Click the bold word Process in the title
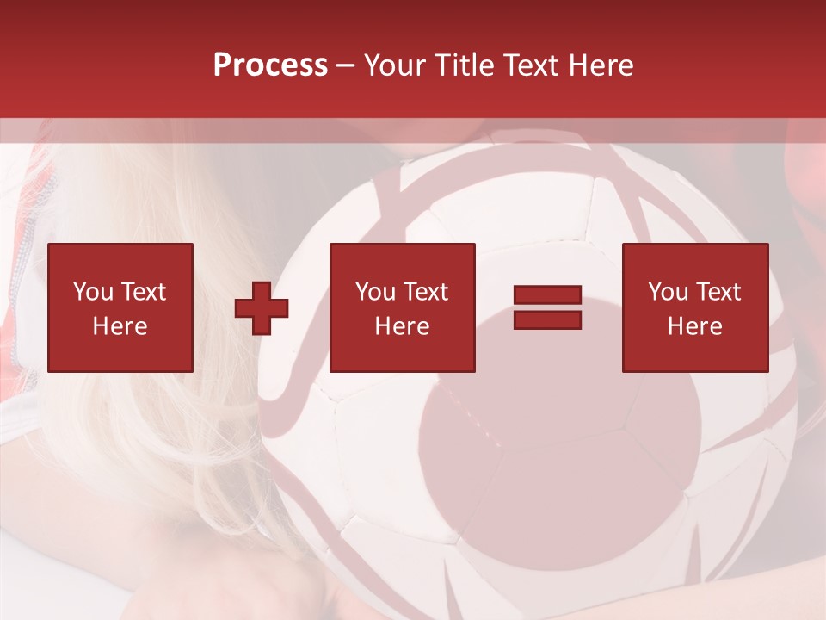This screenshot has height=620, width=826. coord(270,65)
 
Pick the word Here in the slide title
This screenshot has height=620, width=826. coord(603,65)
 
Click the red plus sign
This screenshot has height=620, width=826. coord(262,308)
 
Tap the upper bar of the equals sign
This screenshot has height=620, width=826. coord(547,295)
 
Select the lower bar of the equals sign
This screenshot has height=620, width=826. coord(547,319)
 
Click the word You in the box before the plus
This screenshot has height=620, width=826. coord(93,292)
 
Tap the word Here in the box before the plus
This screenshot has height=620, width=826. coord(120,326)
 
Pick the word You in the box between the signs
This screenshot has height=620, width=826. coord(375,292)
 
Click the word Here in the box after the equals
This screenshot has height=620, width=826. coord(695,326)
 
